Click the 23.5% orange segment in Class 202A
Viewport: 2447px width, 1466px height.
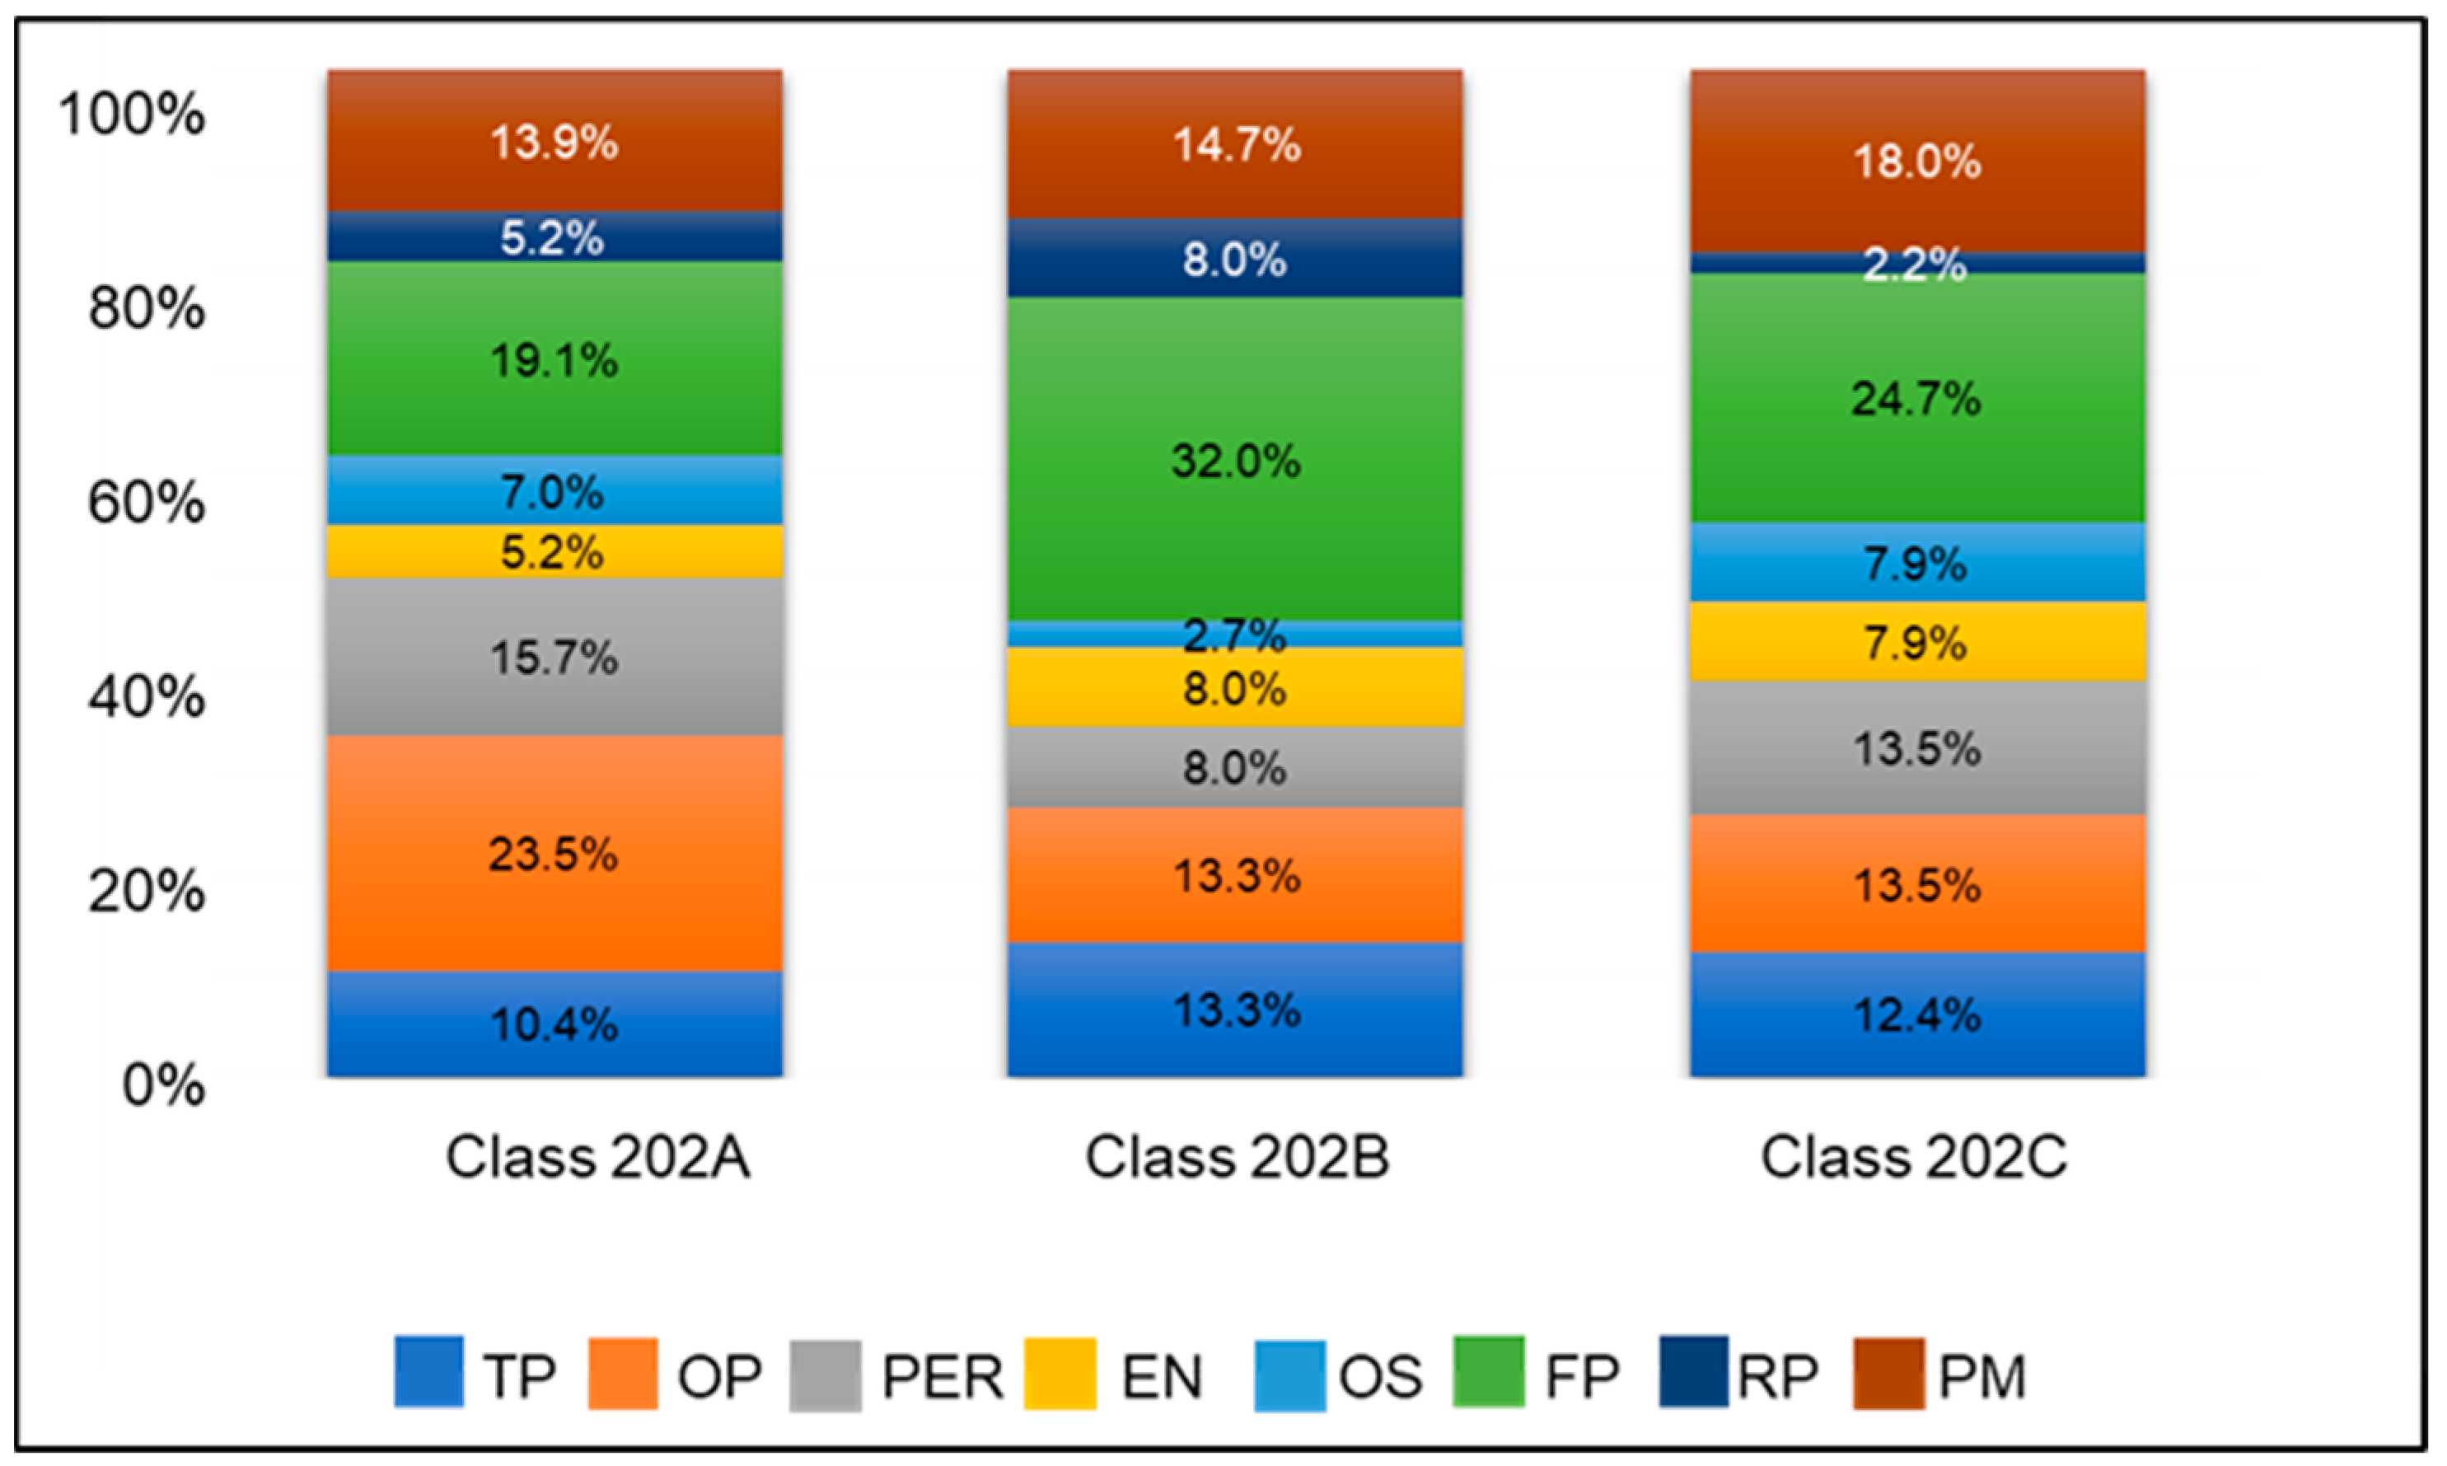pos(555,854)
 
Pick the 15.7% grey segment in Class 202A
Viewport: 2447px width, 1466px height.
pos(555,657)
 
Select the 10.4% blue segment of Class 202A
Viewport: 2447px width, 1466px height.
pos(555,1024)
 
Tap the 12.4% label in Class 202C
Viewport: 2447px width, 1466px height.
pos(1916,1015)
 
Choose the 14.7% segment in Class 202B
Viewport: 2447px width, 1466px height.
pos(1234,145)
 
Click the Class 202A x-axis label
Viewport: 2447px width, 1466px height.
pos(597,1157)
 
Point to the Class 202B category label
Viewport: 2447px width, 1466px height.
pos(1237,1157)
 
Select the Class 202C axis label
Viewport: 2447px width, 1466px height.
pos(1913,1157)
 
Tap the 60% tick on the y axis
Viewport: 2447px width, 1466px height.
pos(146,502)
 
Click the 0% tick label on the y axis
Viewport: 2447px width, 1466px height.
pos(163,1085)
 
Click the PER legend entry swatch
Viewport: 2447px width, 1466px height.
pos(826,1375)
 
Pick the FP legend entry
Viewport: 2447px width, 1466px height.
pos(1536,1375)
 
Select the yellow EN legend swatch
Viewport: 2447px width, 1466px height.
pos(1060,1375)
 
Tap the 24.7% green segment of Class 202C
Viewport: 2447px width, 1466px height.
pos(1916,399)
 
